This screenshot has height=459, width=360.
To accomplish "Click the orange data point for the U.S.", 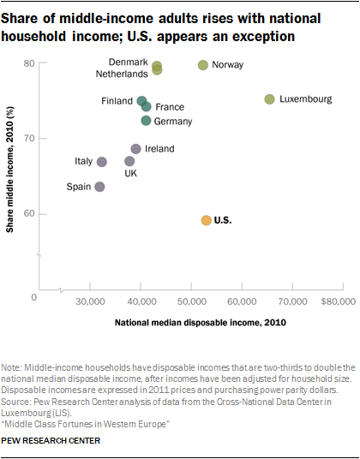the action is click(207, 220).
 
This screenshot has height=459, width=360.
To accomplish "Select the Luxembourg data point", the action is click(269, 99).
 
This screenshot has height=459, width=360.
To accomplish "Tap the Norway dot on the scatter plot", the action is click(203, 65).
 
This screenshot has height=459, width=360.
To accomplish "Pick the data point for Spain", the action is click(100, 187).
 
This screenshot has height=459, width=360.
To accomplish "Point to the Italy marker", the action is click(102, 162).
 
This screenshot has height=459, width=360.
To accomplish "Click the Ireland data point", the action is click(135, 149).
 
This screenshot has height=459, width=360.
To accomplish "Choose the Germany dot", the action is click(146, 120).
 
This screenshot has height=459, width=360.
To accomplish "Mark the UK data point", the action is click(129, 161).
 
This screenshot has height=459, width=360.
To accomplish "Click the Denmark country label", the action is click(129, 62).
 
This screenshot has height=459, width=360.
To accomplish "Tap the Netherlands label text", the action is click(122, 74).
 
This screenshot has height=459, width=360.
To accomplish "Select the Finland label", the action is click(117, 101).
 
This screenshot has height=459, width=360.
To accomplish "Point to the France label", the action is click(170, 107).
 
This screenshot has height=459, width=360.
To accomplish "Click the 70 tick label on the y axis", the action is click(29, 138).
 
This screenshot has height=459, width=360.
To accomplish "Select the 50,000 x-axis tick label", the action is click(191, 301).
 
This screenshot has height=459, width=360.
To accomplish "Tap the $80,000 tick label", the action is click(339, 301).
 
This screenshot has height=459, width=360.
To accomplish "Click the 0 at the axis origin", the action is click(34, 297).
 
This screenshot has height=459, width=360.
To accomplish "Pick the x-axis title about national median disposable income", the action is click(201, 323).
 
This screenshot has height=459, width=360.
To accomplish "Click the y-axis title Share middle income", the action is click(10, 170).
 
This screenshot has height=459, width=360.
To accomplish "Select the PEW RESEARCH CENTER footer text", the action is click(51, 440).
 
